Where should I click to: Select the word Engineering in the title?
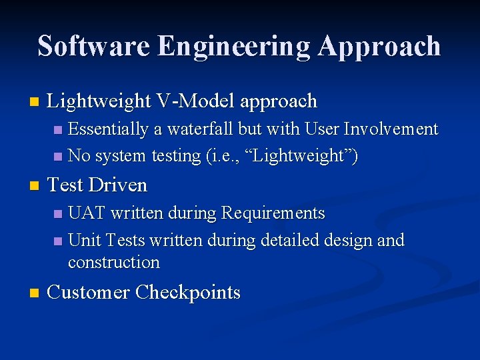point(234,47)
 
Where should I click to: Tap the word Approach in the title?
point(379,47)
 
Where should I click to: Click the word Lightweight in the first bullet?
point(100,101)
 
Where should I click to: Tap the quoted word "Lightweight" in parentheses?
point(305,156)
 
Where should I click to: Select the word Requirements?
point(273,213)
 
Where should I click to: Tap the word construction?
point(114,262)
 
